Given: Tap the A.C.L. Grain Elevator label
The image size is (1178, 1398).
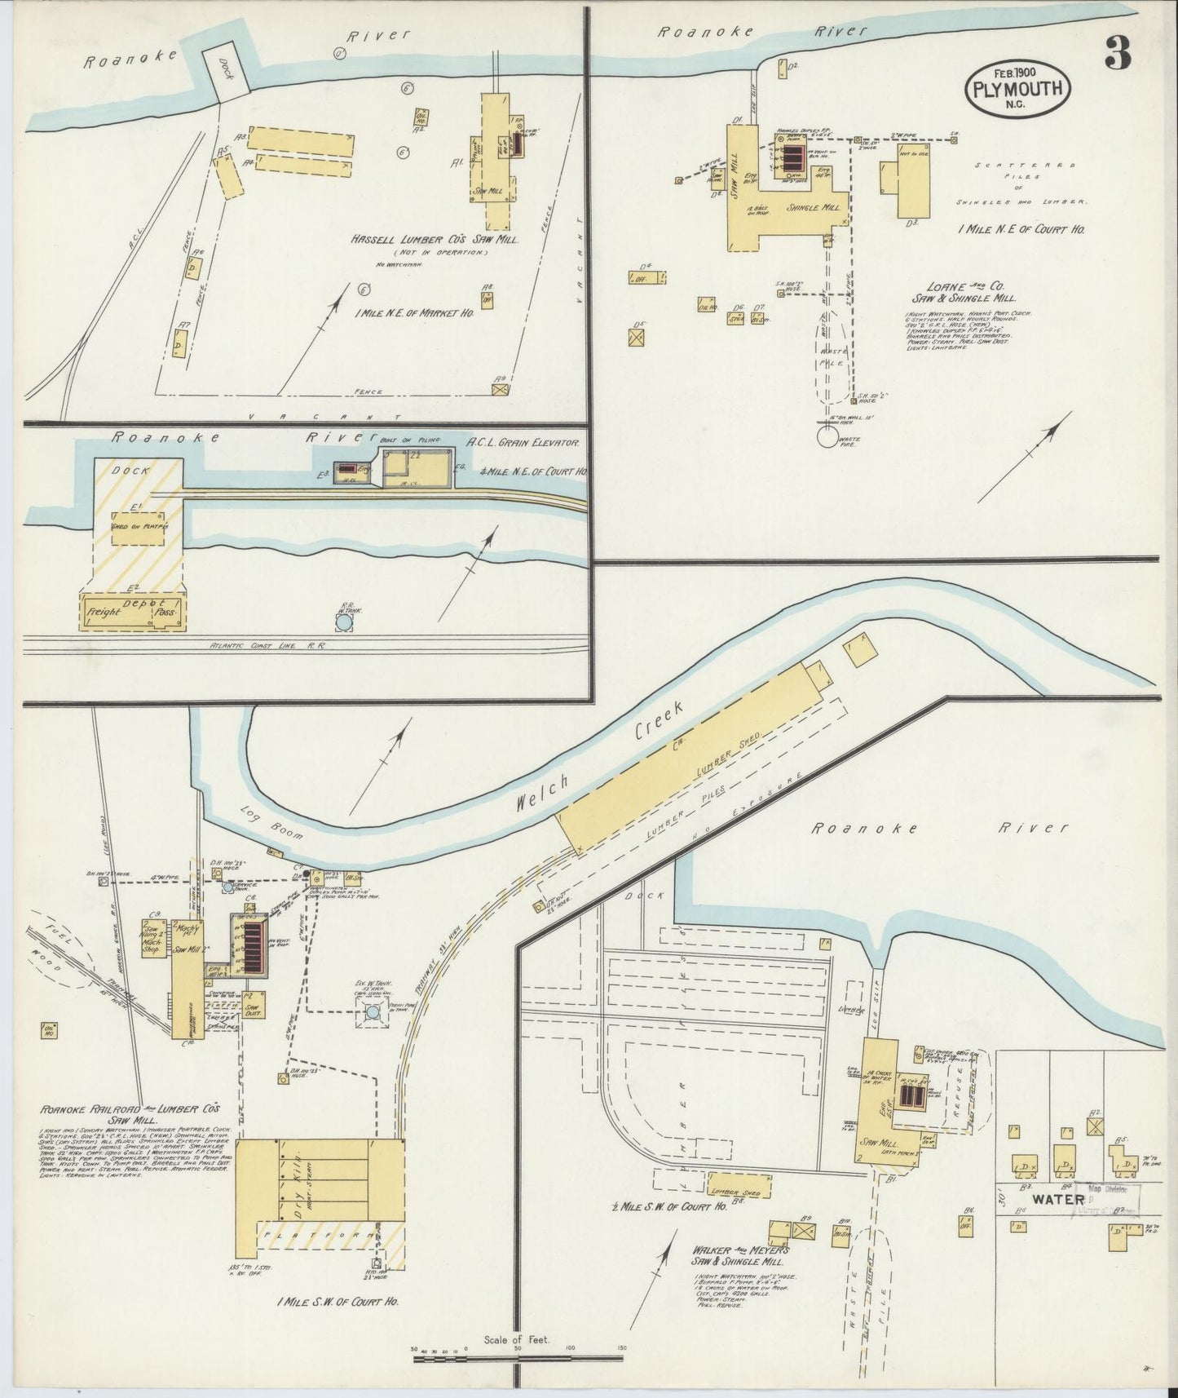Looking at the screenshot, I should (x=523, y=443).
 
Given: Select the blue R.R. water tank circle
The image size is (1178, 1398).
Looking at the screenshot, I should (x=345, y=622).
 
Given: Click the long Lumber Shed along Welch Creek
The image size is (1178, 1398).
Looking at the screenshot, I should (x=690, y=756).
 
